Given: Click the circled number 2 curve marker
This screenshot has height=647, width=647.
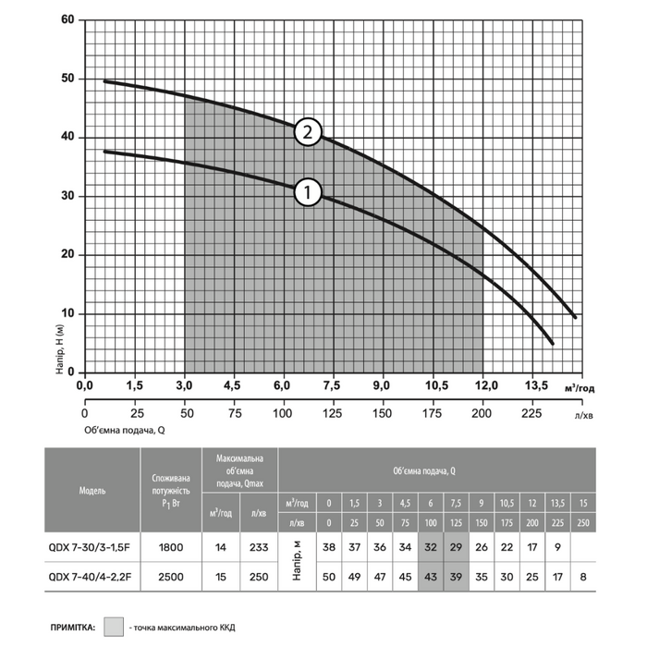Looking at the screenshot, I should point(309,133).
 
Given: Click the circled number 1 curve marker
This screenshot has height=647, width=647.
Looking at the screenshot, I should point(309,192).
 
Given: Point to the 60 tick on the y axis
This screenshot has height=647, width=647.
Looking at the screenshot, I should point(67,19).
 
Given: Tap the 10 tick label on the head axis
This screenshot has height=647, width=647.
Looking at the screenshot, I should point(67,313).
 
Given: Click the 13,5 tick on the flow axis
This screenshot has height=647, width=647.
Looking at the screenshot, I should point(537,385).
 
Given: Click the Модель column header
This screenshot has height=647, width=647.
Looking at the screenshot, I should point(92,489).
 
